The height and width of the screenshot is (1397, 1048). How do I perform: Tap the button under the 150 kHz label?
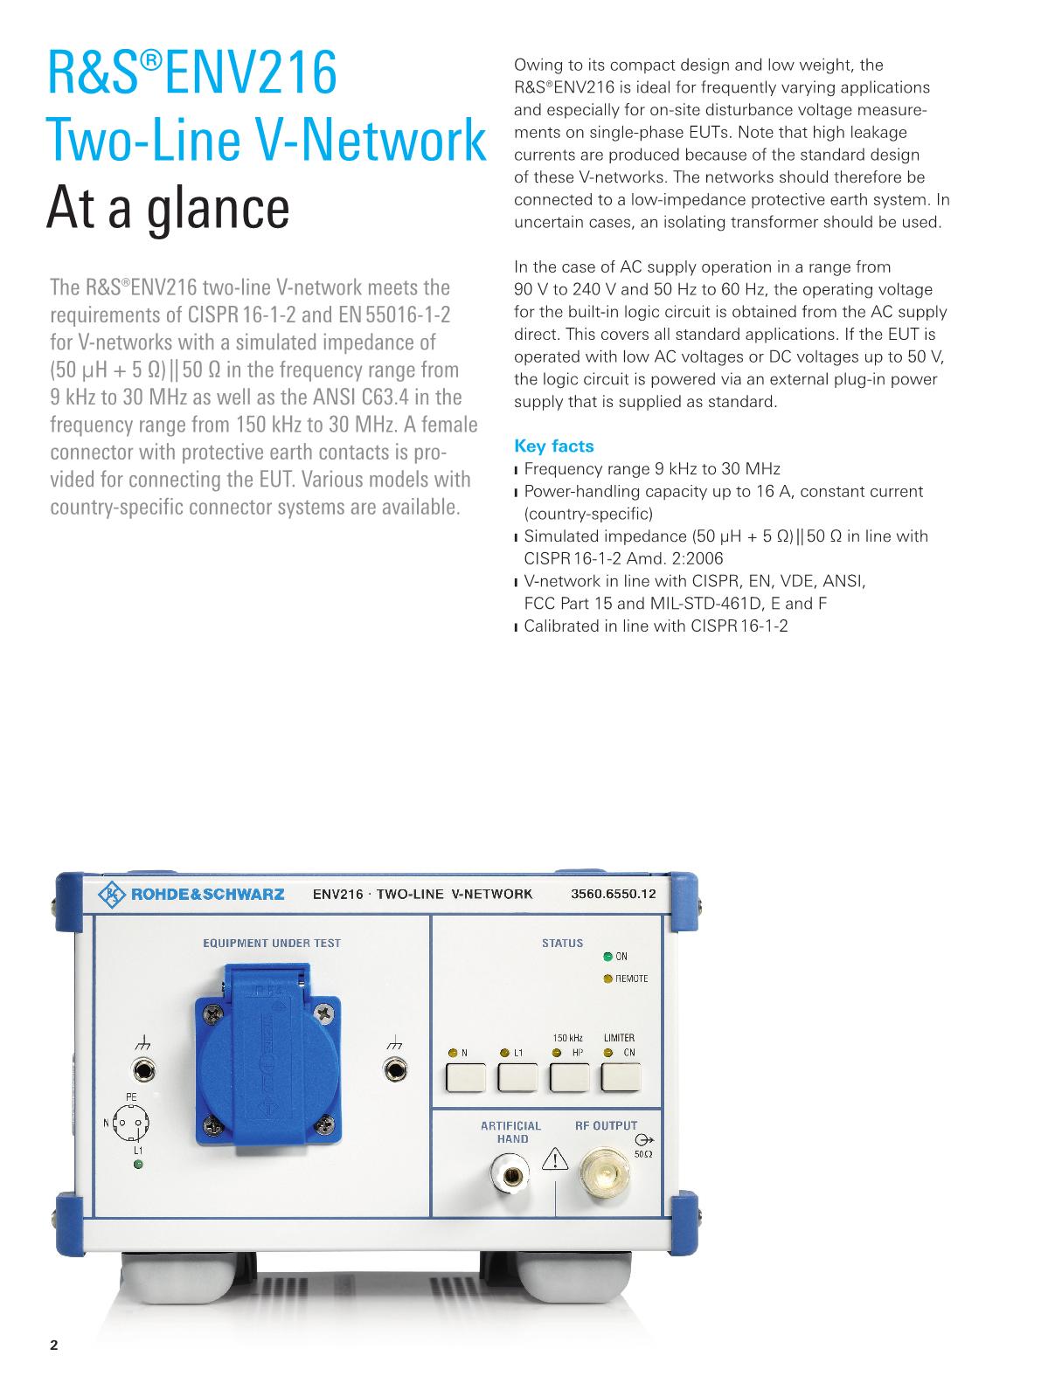tap(569, 1079)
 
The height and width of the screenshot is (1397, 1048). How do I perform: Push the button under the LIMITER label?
tap(621, 1079)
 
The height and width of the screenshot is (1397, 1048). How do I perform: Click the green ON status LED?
tap(608, 957)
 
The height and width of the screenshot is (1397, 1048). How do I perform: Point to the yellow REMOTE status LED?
tap(608, 979)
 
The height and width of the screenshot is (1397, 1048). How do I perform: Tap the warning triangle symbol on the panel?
tap(556, 1159)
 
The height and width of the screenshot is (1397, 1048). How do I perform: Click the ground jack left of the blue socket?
tap(142, 1069)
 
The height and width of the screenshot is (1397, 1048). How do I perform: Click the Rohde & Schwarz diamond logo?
tap(112, 894)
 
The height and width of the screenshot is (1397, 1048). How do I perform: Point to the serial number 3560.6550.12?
tap(613, 894)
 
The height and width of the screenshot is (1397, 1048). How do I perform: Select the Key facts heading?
tap(554, 446)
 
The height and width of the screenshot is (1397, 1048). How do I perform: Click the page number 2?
tap(54, 1345)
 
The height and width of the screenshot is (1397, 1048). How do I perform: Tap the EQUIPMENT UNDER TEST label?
tap(272, 943)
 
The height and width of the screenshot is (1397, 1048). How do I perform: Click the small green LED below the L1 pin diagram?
tap(138, 1165)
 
